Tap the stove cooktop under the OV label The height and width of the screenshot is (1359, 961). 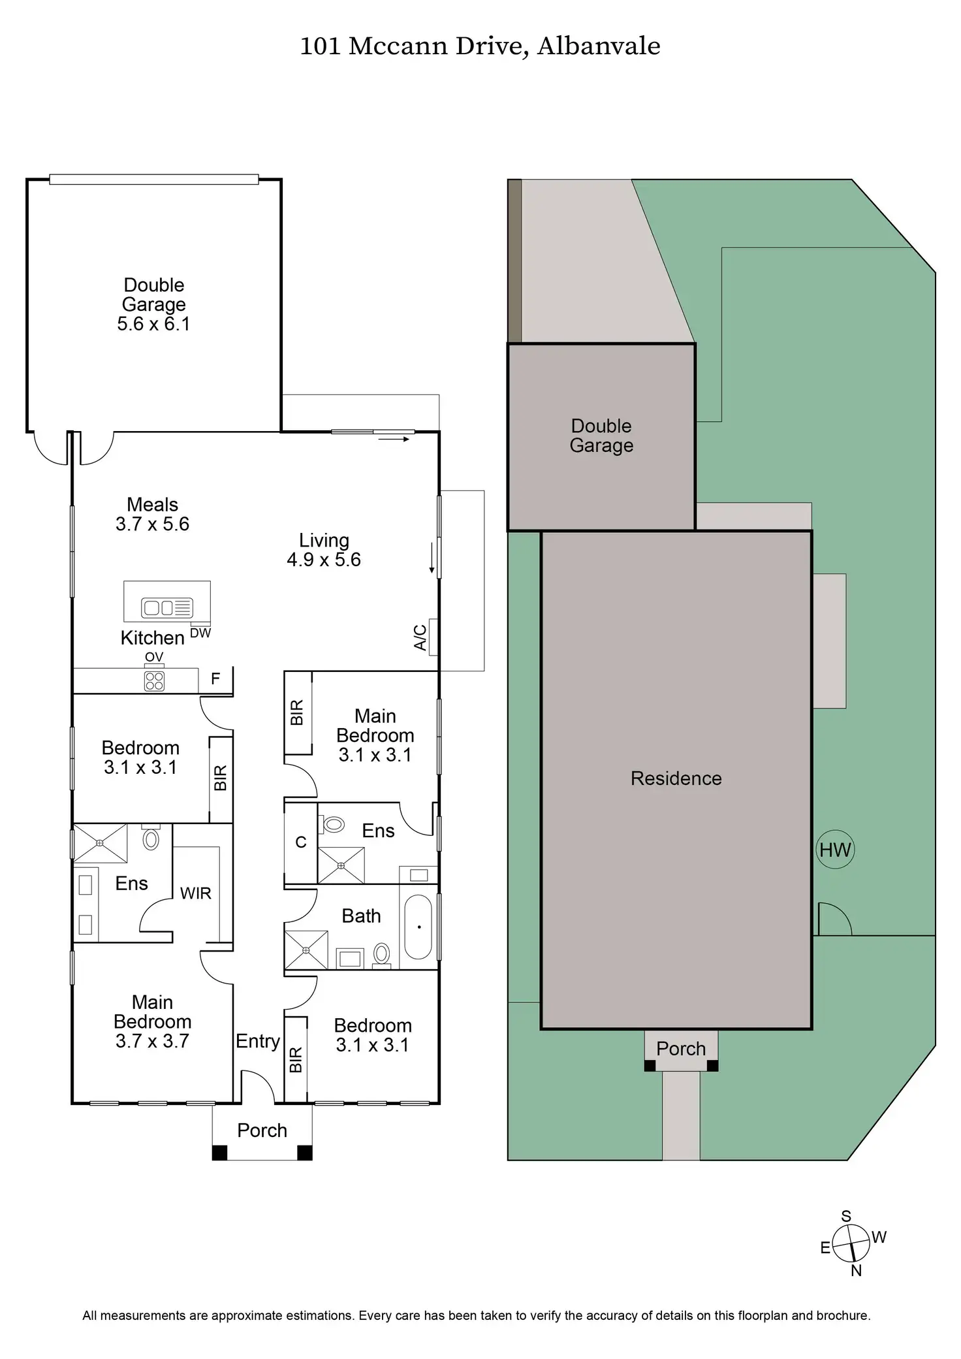(155, 681)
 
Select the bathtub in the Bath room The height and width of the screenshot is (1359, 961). (418, 927)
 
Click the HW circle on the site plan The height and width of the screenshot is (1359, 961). (835, 850)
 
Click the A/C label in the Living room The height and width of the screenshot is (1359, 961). (421, 637)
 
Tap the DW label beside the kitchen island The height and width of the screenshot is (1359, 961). (200, 633)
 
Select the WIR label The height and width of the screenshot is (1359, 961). (196, 893)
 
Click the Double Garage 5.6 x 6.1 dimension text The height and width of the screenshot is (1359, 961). (153, 324)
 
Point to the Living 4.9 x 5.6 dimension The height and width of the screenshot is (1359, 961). (324, 560)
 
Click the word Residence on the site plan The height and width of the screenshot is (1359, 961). (676, 778)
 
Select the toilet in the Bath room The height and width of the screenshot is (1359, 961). (382, 954)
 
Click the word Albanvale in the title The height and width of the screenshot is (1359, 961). (599, 46)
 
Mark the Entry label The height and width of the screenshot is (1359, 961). (258, 1041)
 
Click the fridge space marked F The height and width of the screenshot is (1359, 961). (215, 679)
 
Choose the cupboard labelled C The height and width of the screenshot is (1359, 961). (301, 842)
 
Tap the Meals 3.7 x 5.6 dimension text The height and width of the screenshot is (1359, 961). (152, 524)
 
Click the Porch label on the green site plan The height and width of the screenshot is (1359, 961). (681, 1049)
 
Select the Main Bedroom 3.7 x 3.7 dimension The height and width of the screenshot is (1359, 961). (152, 1041)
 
